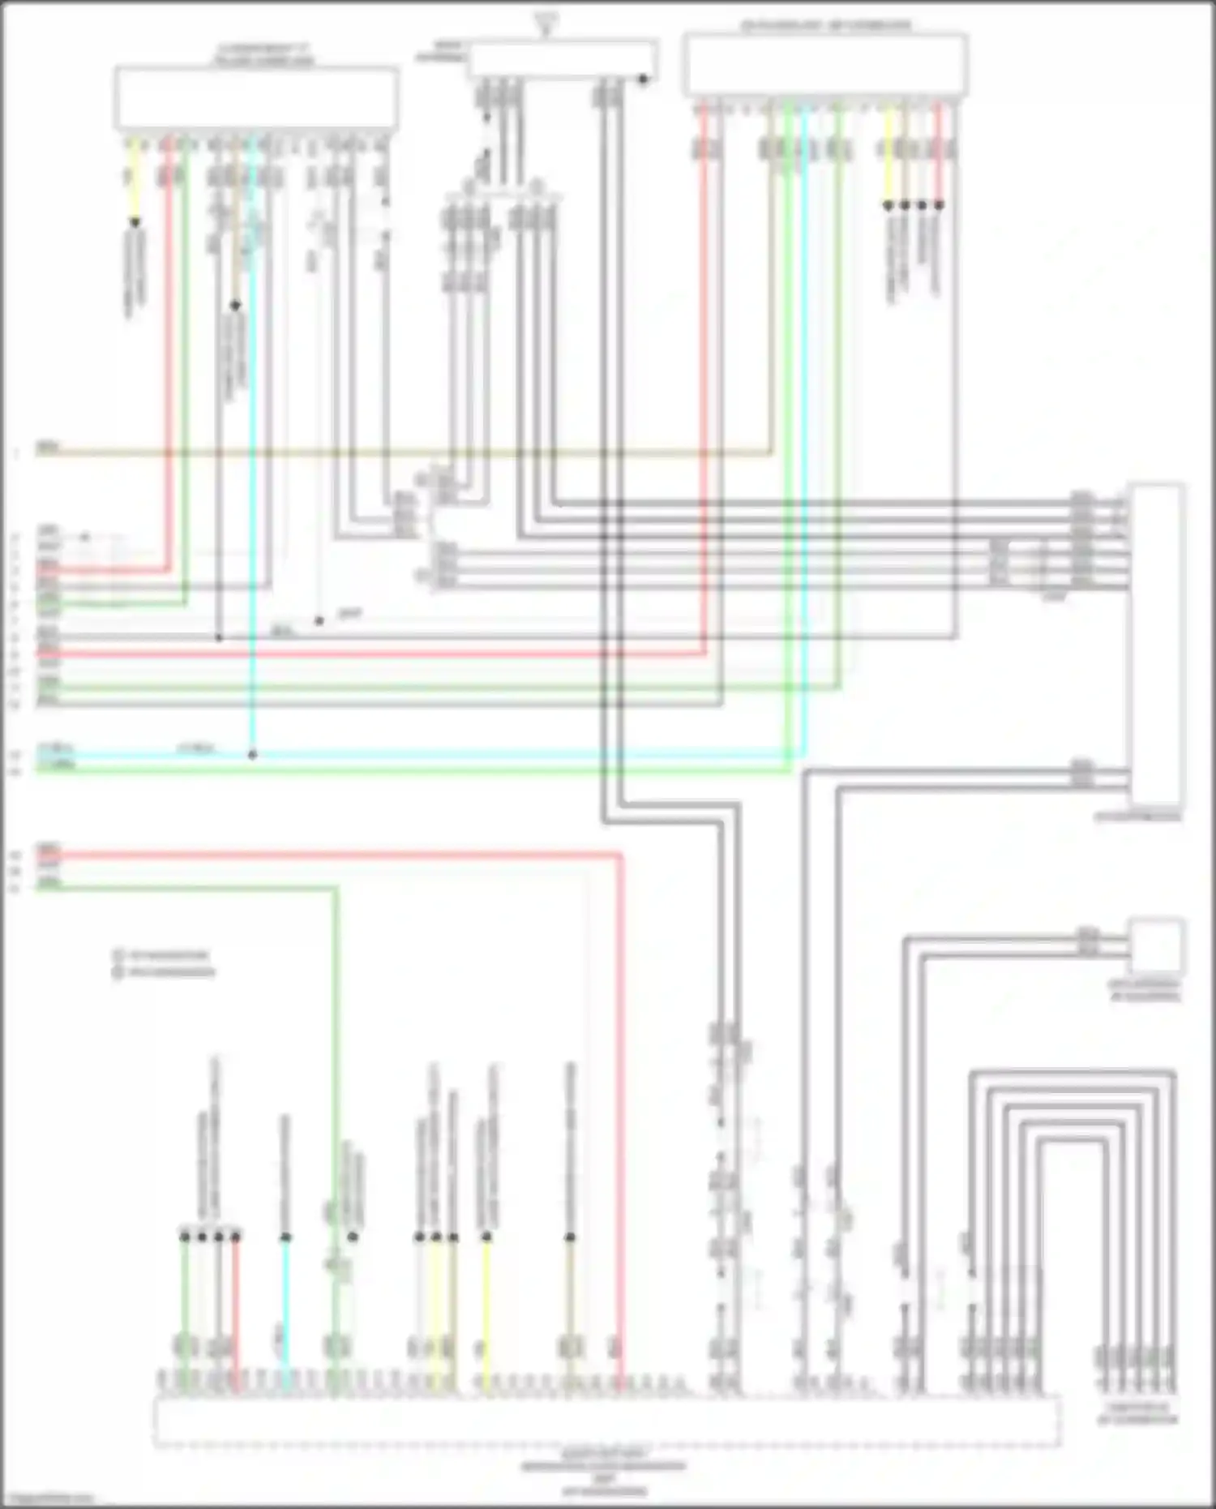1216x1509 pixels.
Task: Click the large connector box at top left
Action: (256, 97)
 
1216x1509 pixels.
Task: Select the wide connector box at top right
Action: (825, 65)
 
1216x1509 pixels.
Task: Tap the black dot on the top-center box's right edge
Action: (643, 79)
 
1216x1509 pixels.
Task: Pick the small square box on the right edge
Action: (1157, 945)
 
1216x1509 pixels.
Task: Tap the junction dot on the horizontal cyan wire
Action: (252, 755)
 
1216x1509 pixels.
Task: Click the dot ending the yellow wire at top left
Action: (135, 222)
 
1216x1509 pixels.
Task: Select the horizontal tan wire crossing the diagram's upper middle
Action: (405, 453)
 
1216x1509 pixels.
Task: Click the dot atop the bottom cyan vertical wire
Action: (285, 1237)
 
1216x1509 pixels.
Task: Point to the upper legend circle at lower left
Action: (118, 955)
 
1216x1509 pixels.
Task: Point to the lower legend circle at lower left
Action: (118, 971)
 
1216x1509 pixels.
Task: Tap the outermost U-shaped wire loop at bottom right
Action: (1072, 1074)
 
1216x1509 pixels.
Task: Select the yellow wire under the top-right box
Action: (888, 154)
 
